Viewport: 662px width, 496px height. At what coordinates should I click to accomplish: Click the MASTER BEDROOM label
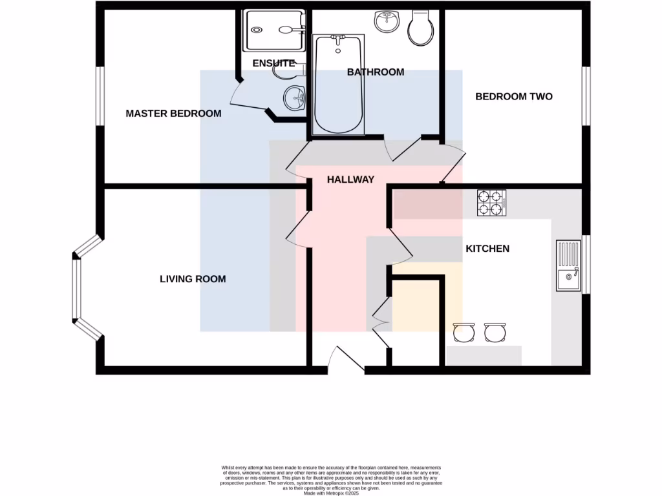[x=173, y=114]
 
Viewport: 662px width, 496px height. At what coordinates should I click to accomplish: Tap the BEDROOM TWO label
[x=514, y=97]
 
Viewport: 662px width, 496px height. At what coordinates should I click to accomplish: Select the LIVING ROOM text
[x=193, y=279]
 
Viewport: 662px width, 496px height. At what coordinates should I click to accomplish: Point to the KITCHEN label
[x=487, y=249]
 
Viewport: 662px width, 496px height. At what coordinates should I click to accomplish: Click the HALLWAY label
[x=350, y=180]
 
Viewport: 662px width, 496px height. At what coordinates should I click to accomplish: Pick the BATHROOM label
[x=376, y=72]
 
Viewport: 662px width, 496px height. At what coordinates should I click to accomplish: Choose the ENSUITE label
[x=273, y=63]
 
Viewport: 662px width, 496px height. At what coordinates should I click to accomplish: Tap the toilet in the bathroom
[x=423, y=28]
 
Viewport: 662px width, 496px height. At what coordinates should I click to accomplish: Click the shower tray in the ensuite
[x=273, y=30]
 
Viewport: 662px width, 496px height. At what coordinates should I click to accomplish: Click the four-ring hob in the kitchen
[x=491, y=203]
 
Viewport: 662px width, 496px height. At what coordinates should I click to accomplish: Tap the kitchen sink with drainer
[x=569, y=265]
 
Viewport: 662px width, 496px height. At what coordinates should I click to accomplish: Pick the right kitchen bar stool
[x=495, y=332]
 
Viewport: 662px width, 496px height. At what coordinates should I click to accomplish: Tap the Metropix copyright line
[x=331, y=493]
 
